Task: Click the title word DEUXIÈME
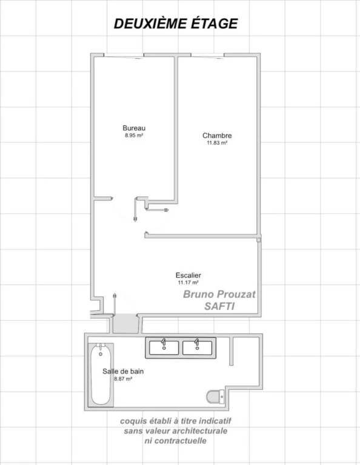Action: point(150,24)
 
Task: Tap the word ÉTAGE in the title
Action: point(214,24)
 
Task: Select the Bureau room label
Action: point(134,128)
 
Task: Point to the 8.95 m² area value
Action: point(134,135)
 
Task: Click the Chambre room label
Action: point(217,136)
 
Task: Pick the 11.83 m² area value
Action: point(217,143)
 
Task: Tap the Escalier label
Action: point(188,275)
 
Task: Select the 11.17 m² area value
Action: point(188,283)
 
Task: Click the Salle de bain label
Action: point(123,371)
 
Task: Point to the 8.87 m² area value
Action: point(123,378)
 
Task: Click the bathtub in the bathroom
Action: point(101,375)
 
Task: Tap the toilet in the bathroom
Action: point(215,397)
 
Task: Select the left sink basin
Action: point(164,348)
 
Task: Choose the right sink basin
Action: point(197,348)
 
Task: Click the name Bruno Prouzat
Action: point(219,294)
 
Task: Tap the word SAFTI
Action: point(219,306)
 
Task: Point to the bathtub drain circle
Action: point(101,354)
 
